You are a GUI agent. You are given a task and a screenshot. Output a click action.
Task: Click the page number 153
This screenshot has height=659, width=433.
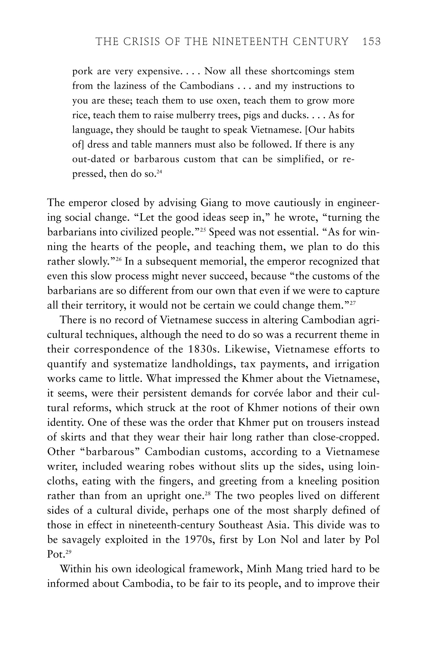pyautogui.click(x=371, y=42)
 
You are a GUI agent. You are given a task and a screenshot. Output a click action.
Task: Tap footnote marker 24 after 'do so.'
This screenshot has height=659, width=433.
pyautogui.click(x=159, y=172)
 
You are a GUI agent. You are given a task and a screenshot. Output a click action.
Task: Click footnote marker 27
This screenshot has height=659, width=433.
pyautogui.click(x=352, y=303)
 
